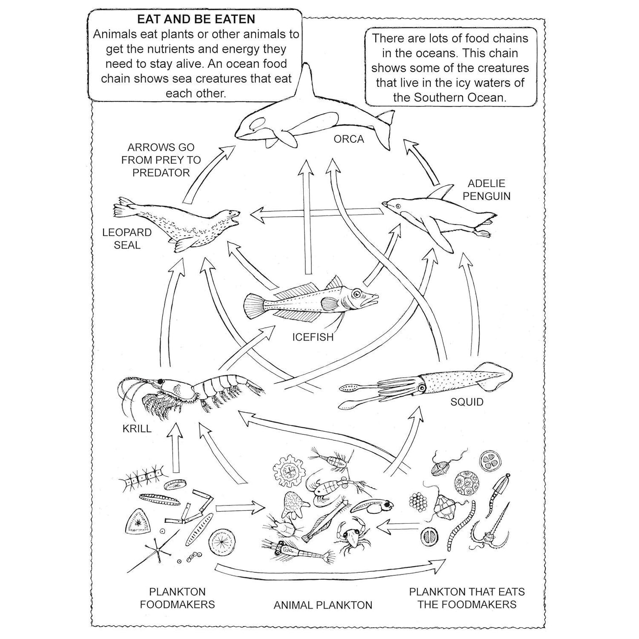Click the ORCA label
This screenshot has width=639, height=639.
click(348, 139)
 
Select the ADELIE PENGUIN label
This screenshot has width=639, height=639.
click(486, 190)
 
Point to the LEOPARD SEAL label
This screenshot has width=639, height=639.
click(126, 239)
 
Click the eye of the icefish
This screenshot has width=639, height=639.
click(357, 294)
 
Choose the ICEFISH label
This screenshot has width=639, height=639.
click(313, 337)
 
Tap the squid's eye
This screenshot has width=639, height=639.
click(422, 388)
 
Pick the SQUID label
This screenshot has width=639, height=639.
click(467, 402)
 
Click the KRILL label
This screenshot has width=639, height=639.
click(137, 429)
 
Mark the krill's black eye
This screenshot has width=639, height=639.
click(161, 381)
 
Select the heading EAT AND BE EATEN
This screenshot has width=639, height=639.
click(196, 19)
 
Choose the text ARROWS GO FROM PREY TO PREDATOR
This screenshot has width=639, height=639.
click(161, 160)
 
